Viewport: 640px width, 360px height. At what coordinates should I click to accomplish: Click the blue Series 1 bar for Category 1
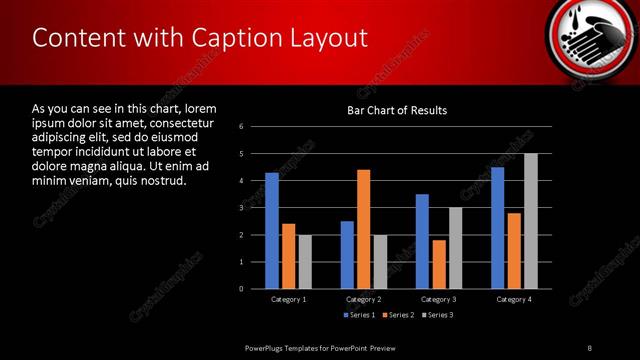click(271, 231)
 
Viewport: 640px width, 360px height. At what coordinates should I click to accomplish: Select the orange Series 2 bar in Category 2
click(363, 229)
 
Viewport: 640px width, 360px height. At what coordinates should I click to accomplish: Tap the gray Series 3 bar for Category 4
click(531, 221)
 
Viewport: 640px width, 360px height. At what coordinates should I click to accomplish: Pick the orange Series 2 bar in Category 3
click(439, 264)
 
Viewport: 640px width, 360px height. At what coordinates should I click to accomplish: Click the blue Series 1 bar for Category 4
click(497, 228)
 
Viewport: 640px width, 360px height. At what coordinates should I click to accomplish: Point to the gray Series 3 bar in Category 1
click(305, 262)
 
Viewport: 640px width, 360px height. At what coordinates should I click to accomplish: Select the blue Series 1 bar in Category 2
click(347, 255)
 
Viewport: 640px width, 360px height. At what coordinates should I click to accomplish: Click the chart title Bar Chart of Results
click(397, 110)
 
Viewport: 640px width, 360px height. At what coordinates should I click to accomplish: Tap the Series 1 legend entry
click(360, 316)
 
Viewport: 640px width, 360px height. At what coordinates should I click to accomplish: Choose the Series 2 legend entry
click(398, 316)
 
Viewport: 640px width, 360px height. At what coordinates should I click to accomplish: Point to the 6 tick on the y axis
click(242, 126)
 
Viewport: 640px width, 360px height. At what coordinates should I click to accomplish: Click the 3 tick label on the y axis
click(242, 208)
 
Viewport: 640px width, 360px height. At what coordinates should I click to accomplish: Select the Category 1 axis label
click(289, 299)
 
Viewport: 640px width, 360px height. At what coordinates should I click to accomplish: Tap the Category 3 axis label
click(439, 299)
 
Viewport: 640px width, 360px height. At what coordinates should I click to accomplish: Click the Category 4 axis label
click(514, 299)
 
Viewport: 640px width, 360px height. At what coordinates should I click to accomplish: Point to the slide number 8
click(589, 347)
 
